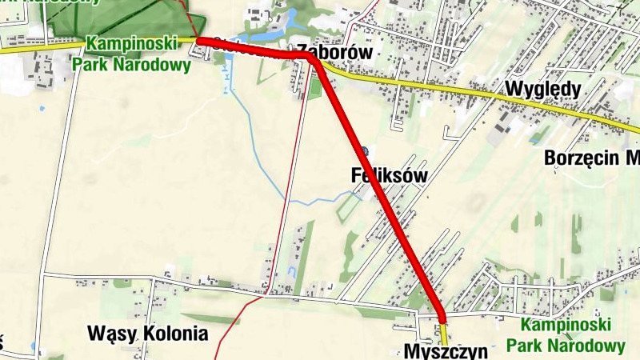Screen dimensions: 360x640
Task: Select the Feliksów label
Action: tap(390, 174)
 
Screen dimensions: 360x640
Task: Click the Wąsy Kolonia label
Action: tap(147, 333)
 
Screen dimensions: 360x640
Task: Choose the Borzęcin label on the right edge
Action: tap(591, 157)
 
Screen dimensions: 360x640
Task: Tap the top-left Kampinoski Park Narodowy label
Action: tap(132, 54)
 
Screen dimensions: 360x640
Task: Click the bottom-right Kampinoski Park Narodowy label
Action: tap(572, 335)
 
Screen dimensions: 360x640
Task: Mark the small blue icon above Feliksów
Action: tap(365, 150)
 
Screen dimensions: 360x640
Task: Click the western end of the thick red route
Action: tap(201, 41)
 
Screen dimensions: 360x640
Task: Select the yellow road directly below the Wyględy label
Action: tap(544, 102)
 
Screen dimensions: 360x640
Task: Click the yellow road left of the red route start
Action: tap(96, 45)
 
